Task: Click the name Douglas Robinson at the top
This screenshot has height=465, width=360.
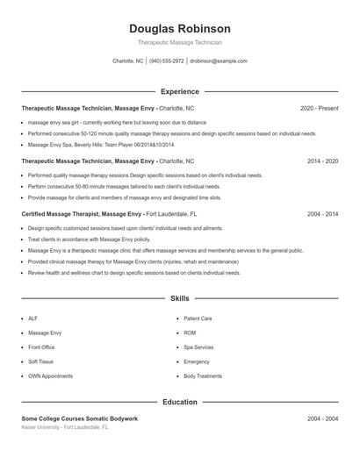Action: [180, 28]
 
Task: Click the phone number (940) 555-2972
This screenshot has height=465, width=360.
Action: [166, 61]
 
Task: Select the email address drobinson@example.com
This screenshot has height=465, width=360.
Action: [219, 61]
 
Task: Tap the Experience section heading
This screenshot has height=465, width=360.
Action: [180, 91]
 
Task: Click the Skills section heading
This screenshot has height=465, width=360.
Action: [180, 299]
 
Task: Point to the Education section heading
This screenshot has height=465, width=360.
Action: [180, 402]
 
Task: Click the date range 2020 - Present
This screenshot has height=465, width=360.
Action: [319, 109]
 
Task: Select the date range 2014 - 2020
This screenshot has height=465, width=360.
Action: [322, 161]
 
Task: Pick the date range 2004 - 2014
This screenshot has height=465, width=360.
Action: [322, 213]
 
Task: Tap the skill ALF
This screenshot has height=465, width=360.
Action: [32, 318]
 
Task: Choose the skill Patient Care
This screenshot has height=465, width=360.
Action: [198, 318]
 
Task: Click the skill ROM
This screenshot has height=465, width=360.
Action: [190, 333]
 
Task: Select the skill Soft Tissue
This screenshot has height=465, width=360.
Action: [40, 361]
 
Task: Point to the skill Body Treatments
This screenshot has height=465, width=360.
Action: [203, 376]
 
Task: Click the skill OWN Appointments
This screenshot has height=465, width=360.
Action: [50, 376]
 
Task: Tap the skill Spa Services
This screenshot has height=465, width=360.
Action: [198, 347]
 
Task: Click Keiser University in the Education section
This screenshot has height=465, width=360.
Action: [44, 427]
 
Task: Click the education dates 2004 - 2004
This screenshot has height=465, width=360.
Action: [322, 419]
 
